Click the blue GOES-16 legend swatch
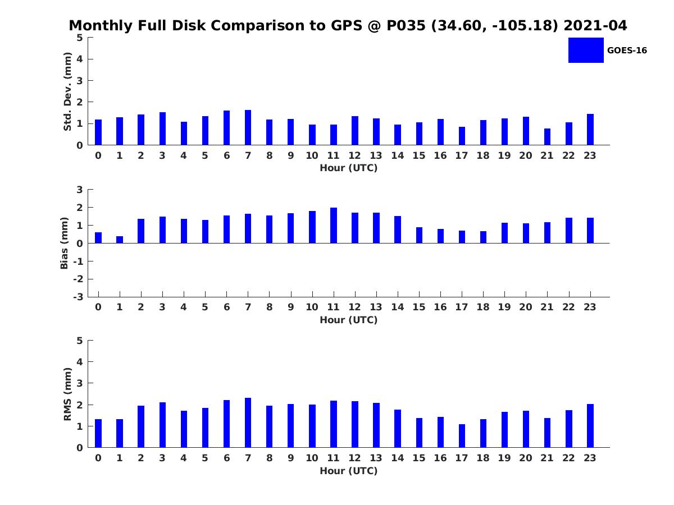click(x=586, y=50)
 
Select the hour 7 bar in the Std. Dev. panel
click(x=248, y=127)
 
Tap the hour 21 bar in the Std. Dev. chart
click(x=547, y=137)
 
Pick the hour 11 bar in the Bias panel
click(x=334, y=226)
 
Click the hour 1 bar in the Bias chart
click(x=120, y=240)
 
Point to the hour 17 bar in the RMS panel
click(x=462, y=436)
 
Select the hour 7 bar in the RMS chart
click(x=248, y=423)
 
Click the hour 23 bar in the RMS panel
click(x=590, y=425)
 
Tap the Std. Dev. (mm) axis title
click(x=67, y=91)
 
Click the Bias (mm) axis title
click(x=64, y=243)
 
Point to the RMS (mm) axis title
click(x=67, y=394)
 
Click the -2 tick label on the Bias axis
click(x=78, y=279)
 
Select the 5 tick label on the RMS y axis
click(x=80, y=341)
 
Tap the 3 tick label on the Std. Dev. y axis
click(x=80, y=81)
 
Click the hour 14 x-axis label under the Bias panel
click(x=398, y=307)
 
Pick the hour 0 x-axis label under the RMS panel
click(x=98, y=458)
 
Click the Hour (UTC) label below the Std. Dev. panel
click(x=349, y=168)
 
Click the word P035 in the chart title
click(x=406, y=25)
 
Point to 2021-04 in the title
click(x=595, y=25)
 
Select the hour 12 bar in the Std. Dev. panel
click(x=355, y=130)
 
